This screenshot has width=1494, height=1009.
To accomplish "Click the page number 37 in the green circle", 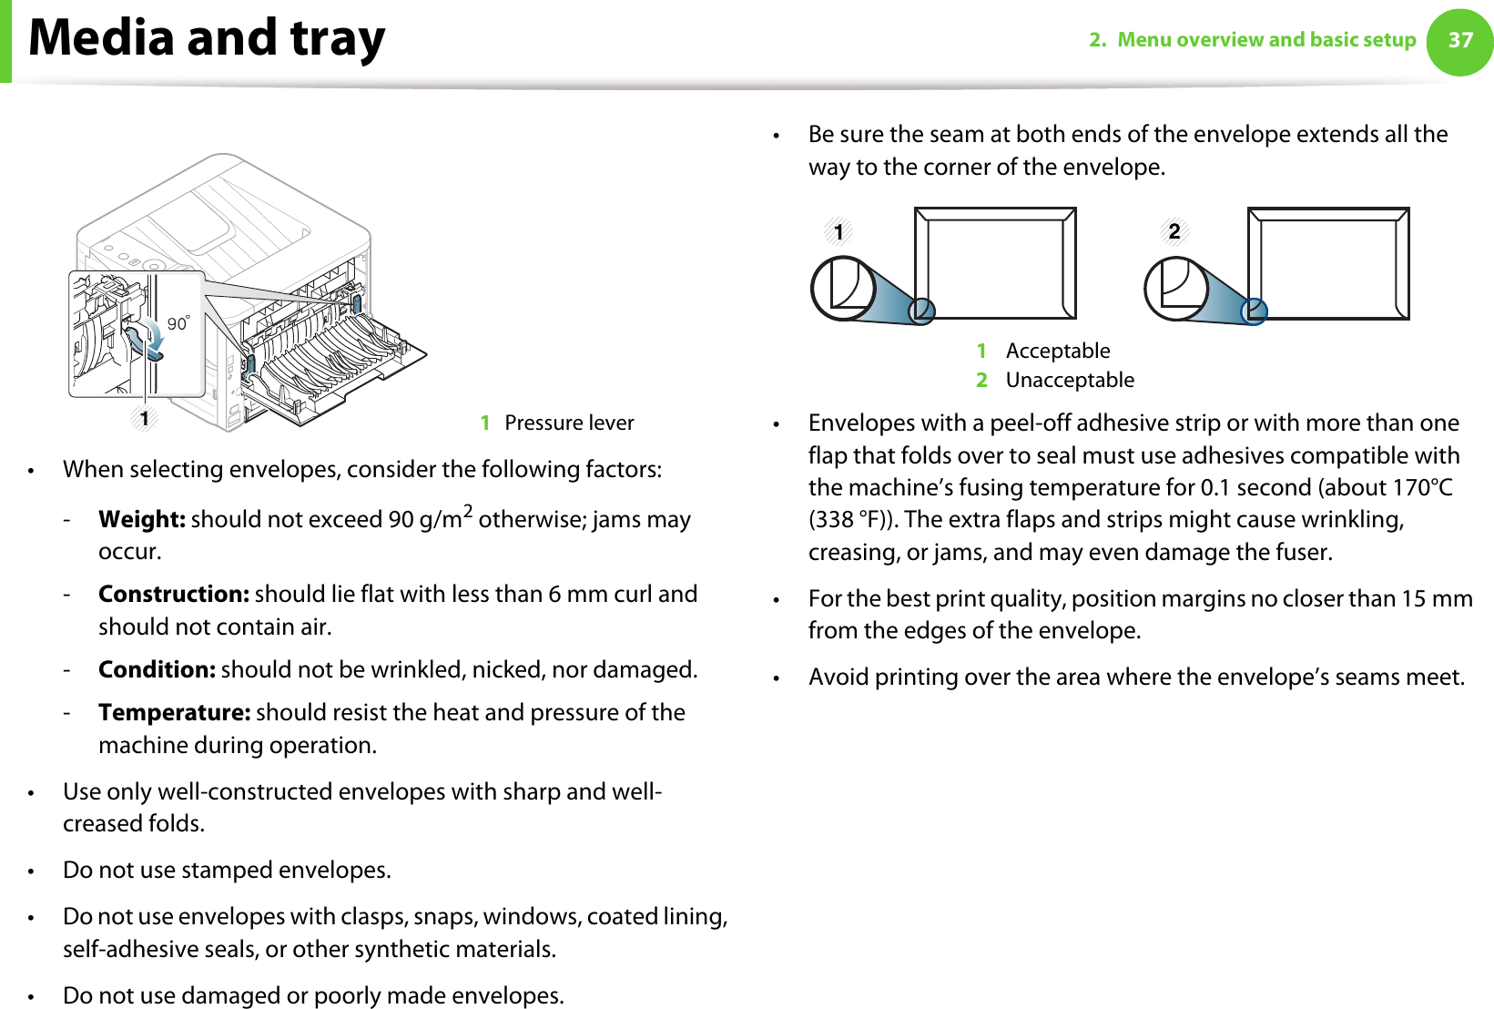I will [x=1460, y=40].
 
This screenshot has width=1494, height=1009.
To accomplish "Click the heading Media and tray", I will [x=207, y=38].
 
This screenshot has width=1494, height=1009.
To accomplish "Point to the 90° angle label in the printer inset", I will [x=178, y=323].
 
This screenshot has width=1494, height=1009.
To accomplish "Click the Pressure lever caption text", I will [x=569, y=423].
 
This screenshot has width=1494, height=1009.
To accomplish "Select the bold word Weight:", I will [x=142, y=519].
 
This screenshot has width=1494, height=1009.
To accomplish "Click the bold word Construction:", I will [x=173, y=594].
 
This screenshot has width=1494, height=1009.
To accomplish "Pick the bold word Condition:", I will [x=157, y=669].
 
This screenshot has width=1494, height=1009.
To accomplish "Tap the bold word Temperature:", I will [x=174, y=712].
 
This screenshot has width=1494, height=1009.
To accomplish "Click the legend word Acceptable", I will [x=1058, y=351].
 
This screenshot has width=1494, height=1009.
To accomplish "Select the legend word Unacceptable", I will [x=1070, y=380].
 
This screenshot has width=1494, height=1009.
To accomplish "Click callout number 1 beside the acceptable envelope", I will [x=838, y=231].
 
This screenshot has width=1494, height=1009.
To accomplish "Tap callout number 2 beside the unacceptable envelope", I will [x=1174, y=231].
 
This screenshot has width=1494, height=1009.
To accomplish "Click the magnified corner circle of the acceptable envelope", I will [x=843, y=288].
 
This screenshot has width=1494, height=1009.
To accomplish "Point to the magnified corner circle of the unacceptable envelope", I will [x=1176, y=288].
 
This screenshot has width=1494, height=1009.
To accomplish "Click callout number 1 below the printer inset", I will [x=144, y=418].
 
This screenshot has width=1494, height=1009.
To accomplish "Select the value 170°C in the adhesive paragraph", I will [x=1422, y=487].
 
